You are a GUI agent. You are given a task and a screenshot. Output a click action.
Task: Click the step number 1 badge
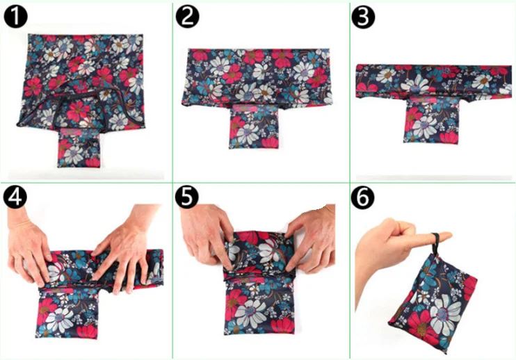pos(17,17)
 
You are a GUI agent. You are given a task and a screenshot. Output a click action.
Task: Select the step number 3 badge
pos(362,17)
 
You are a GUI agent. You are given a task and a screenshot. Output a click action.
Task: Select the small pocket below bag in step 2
pos(252,128)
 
